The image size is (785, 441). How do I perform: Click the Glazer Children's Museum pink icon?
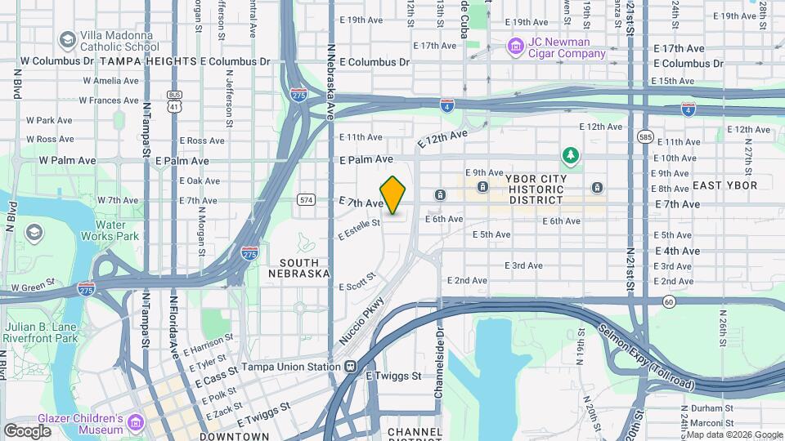134,425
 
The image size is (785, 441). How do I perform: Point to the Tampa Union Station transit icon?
350,367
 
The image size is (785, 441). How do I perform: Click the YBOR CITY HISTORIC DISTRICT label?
536,189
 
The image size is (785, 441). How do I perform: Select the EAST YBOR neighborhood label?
719,185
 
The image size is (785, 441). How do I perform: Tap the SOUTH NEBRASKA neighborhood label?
298,268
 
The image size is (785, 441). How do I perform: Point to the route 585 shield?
646,136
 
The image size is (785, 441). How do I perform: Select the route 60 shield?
669,302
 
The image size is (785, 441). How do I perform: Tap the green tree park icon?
570,154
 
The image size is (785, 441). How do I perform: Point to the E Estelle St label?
360,228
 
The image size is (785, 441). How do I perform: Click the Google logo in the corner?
28,430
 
